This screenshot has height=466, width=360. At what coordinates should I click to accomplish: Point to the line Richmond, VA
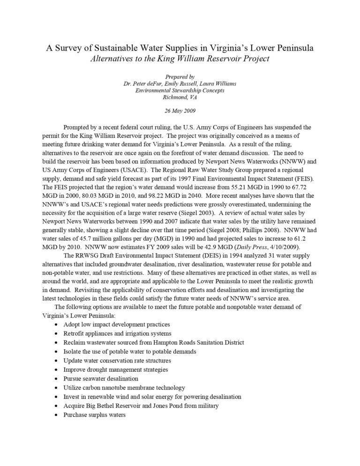180,97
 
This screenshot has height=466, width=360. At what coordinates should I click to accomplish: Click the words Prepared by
180,76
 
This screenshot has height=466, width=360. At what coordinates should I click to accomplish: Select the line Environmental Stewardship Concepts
180,90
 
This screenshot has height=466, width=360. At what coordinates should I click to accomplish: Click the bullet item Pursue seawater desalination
101,378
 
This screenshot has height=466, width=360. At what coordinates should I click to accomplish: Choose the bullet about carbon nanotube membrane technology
124,387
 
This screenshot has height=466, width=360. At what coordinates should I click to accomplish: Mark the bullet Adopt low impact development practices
117,324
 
